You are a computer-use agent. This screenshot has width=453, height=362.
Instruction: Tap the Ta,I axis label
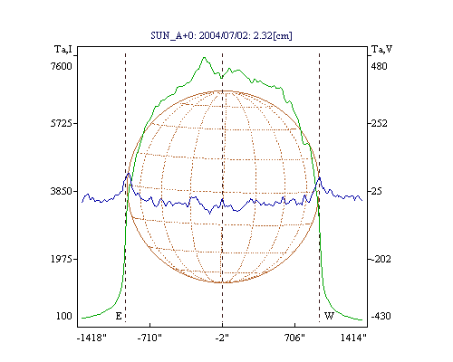coord(63,49)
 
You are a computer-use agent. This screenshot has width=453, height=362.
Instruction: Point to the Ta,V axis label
coord(381,49)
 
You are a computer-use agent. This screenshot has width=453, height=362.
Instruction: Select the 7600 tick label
coord(62,66)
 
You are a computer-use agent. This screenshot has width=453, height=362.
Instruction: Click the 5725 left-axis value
coord(62,123)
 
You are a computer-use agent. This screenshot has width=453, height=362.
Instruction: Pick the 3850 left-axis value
coord(62,191)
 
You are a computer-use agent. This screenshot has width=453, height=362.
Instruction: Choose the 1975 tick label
coord(62,259)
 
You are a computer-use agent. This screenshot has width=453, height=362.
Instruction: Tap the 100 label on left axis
coord(64,316)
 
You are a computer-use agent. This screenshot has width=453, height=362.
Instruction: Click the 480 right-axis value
coord(379,66)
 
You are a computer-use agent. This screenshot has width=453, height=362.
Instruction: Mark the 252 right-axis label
coord(379,123)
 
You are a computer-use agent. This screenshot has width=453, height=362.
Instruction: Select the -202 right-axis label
coord(381,259)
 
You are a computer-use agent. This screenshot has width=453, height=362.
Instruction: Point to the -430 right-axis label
coord(381,316)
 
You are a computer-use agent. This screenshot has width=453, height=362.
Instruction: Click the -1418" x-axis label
coord(92,338)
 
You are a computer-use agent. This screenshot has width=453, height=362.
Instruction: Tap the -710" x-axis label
coord(149,338)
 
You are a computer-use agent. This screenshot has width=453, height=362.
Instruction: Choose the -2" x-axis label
coord(222,338)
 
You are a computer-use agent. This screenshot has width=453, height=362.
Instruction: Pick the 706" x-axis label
coord(294,338)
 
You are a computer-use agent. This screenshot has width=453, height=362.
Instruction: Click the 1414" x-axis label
coord(353,338)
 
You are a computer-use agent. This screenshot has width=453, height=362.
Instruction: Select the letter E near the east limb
coord(119,316)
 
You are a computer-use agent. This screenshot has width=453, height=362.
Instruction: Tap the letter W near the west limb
coord(329,316)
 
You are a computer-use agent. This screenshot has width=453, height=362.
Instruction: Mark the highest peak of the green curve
coord(205,57)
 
